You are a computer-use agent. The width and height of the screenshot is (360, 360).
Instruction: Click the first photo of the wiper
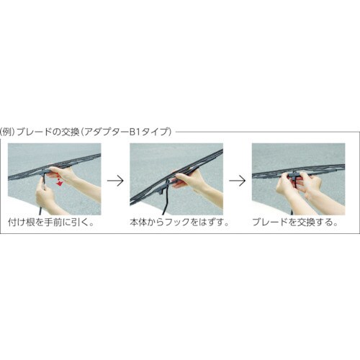(54, 179)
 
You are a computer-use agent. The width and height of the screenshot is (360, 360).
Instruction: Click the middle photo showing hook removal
(176, 179)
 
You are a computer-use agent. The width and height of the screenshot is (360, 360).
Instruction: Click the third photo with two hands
(297, 179)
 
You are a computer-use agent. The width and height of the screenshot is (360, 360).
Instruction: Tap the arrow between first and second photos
(115, 180)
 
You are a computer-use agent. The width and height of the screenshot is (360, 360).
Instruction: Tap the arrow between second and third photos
(236, 180)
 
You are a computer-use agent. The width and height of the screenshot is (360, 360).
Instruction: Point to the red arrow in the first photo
(59, 184)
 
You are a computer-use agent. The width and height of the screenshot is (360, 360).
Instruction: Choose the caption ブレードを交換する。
(295, 222)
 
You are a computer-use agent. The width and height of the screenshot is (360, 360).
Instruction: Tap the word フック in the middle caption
(182, 222)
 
